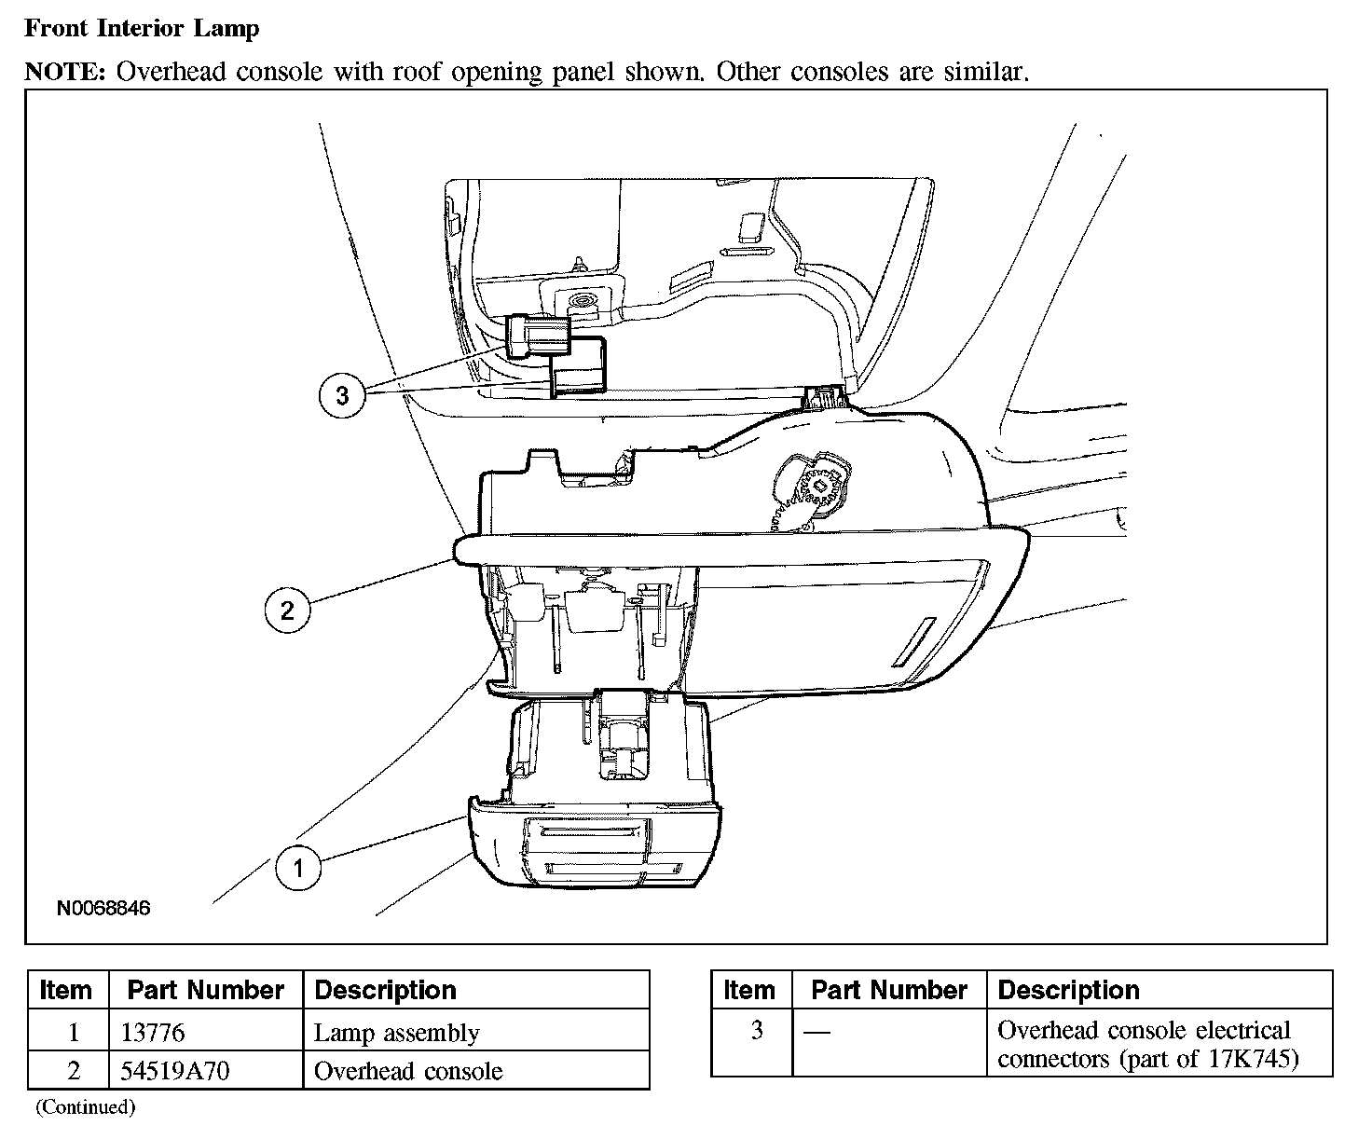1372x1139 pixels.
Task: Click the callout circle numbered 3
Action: point(342,395)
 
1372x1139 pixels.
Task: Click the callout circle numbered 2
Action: point(287,610)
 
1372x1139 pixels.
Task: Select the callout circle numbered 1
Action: point(298,870)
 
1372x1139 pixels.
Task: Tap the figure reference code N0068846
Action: point(103,907)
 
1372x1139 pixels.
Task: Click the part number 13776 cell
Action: point(153,1033)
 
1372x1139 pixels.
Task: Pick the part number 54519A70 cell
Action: point(176,1071)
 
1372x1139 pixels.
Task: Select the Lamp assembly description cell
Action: point(397,1033)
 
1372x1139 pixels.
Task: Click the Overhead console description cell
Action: point(408,1071)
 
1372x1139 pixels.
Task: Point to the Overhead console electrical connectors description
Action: point(1147,1044)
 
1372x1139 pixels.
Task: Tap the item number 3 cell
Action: point(756,1030)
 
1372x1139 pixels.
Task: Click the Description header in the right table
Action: point(1068,990)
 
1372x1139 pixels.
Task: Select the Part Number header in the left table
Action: point(205,990)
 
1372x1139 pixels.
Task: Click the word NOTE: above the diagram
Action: point(64,72)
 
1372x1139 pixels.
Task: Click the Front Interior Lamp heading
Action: point(142,29)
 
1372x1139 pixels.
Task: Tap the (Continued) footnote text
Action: point(86,1107)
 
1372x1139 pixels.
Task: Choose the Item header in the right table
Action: point(749,990)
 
